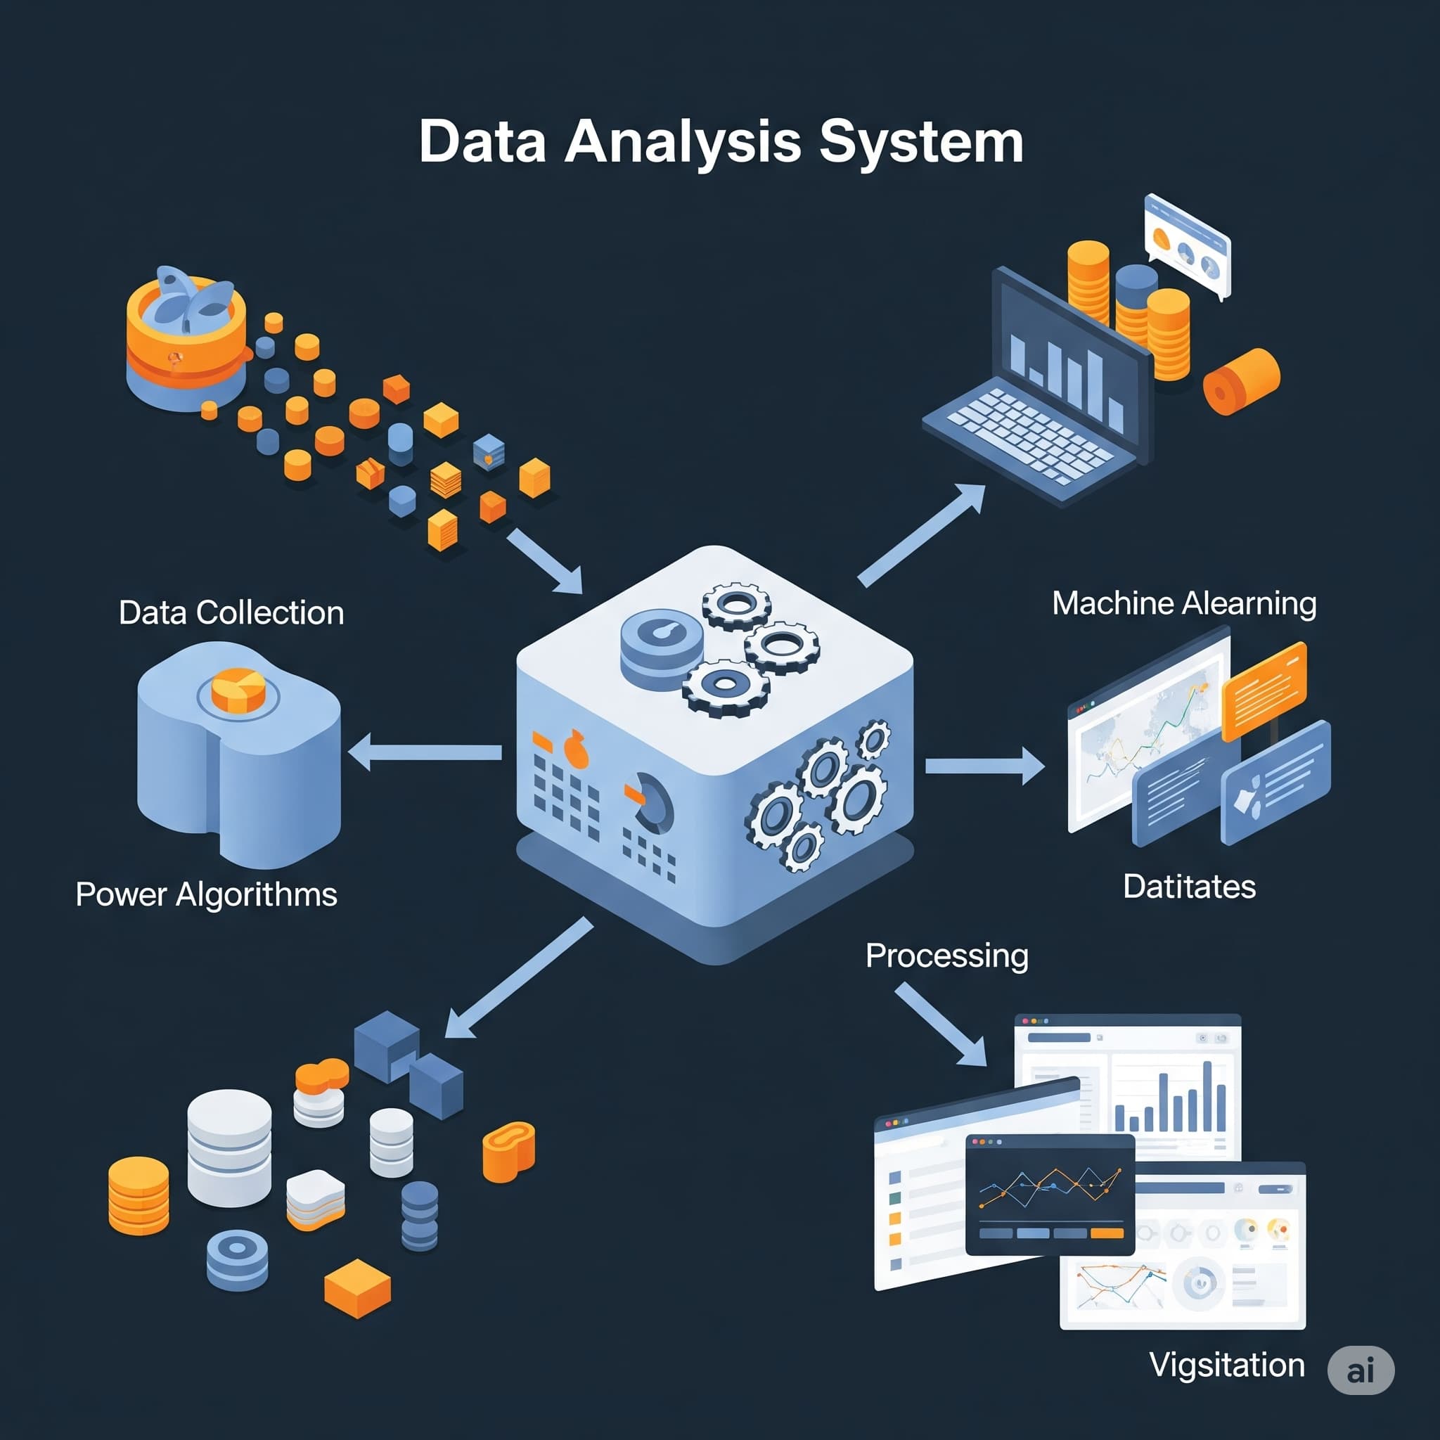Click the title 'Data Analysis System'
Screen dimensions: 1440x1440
(720, 141)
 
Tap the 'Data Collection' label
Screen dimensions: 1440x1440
(231, 612)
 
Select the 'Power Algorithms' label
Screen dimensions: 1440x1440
(207, 894)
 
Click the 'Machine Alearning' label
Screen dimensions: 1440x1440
(1183, 603)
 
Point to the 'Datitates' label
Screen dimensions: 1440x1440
(1189, 887)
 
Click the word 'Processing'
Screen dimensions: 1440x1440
(946, 956)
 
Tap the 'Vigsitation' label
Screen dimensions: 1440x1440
(1227, 1365)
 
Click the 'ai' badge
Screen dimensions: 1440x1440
(1361, 1370)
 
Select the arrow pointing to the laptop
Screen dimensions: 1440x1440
(921, 534)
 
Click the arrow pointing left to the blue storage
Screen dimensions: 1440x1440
(425, 752)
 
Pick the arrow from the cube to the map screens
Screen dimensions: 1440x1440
(984, 766)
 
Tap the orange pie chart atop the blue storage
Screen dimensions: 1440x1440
(238, 690)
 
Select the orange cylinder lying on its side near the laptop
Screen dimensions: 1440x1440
(1240, 381)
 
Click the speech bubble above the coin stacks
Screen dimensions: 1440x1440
(1187, 245)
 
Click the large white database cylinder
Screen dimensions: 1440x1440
(229, 1147)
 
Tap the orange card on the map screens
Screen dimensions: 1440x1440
(1264, 690)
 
